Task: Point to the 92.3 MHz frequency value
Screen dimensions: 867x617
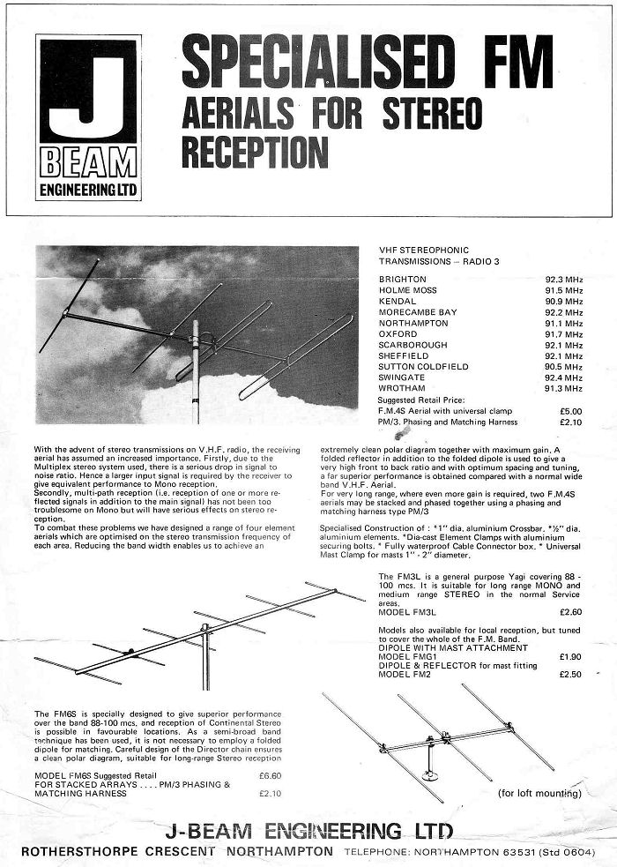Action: (564, 280)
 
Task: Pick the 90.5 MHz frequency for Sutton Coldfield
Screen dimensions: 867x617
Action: (564, 367)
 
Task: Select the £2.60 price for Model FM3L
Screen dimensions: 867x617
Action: (570, 611)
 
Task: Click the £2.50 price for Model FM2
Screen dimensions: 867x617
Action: (570, 675)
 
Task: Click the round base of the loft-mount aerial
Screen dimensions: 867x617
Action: (430, 776)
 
